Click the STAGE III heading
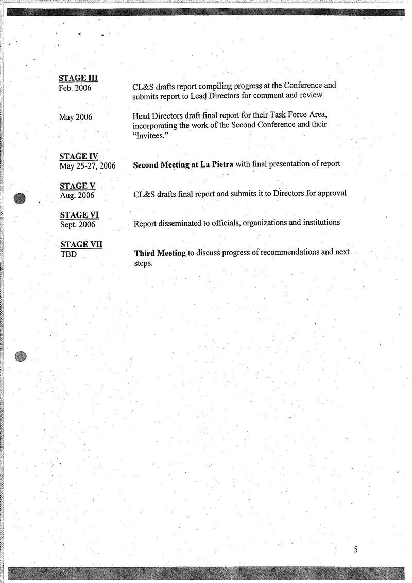tap(78, 78)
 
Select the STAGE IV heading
tap(79, 156)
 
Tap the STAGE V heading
tap(78, 186)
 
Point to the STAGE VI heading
tap(79, 214)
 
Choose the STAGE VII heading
tap(81, 244)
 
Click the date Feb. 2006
tap(75, 88)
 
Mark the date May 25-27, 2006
tap(88, 166)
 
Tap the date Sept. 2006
tap(78, 224)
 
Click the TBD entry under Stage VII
tap(69, 254)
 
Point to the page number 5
tap(355, 549)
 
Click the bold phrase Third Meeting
tap(160, 253)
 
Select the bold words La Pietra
tap(215, 165)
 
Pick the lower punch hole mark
tap(21, 355)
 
